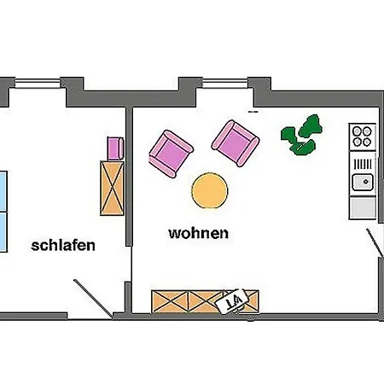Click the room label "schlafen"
click(x=63, y=246)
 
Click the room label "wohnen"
click(x=199, y=233)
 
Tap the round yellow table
click(x=210, y=190)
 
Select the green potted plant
click(x=301, y=135)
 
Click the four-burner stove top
click(x=362, y=137)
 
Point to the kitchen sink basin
click(x=363, y=182)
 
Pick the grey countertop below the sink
click(x=363, y=208)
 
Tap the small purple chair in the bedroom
click(x=115, y=148)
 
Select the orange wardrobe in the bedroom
click(x=112, y=188)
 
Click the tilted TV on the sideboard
click(x=232, y=301)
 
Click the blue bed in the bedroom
click(x=3, y=212)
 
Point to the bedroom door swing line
click(x=93, y=299)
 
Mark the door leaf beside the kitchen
click(x=375, y=242)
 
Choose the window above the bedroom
click(x=38, y=84)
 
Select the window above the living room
click(x=224, y=84)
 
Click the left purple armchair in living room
click(x=172, y=154)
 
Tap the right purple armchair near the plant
click(x=236, y=143)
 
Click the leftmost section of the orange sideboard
click(x=170, y=302)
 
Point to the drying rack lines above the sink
click(x=363, y=164)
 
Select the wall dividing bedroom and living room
click(x=129, y=177)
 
